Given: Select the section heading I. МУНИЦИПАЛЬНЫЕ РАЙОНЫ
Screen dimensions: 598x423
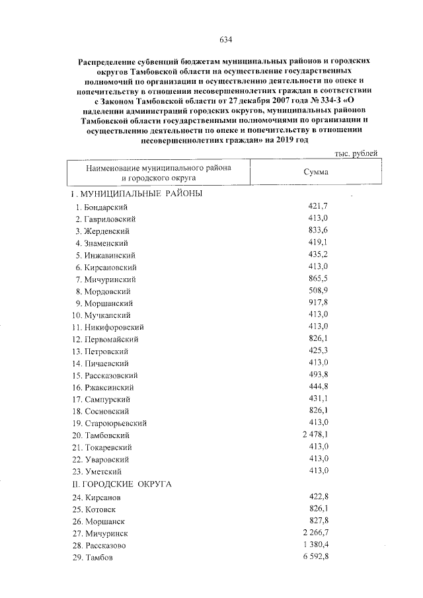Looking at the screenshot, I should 136,194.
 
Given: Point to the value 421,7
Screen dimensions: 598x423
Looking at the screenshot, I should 319,207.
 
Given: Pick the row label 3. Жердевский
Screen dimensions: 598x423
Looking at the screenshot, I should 102,231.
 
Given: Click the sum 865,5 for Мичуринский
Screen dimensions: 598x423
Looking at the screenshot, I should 319,279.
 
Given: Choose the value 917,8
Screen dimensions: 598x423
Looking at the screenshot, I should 319,303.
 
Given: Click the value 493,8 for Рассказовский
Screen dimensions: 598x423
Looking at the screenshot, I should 319,375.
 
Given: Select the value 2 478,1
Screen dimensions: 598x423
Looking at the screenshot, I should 315,435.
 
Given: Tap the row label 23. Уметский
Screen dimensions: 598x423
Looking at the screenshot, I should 99,471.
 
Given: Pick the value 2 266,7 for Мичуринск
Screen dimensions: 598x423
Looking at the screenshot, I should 315,533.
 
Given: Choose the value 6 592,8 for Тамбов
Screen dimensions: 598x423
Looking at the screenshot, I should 315,557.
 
